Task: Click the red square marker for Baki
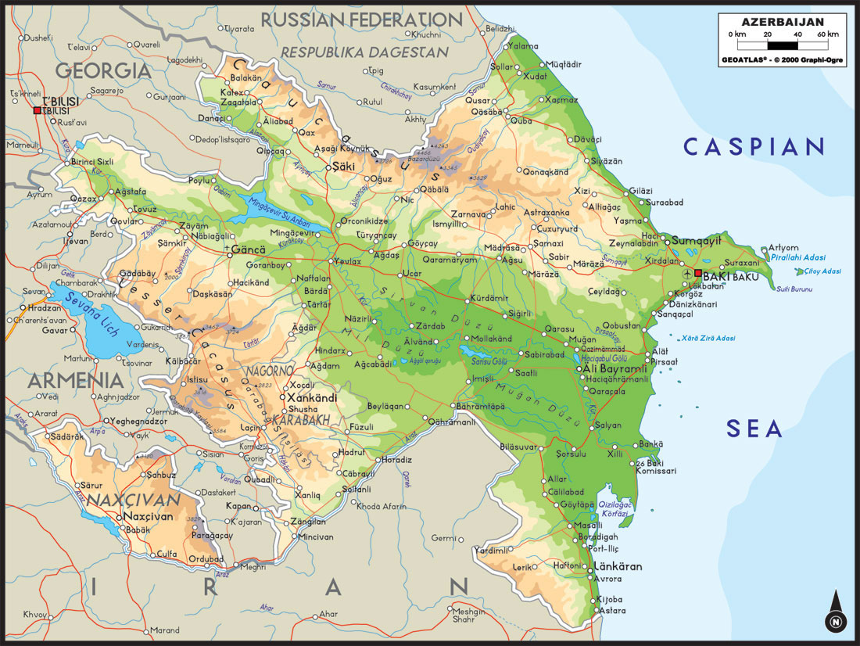pyautogui.click(x=698, y=273)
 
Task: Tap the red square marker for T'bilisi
pyautogui.click(x=37, y=111)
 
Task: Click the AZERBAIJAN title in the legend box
pyautogui.click(x=782, y=22)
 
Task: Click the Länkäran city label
pyautogui.click(x=618, y=566)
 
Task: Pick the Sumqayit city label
pyautogui.click(x=697, y=240)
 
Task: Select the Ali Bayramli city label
pyautogui.click(x=612, y=368)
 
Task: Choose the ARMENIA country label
pyautogui.click(x=76, y=381)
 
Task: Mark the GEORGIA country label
pyautogui.click(x=102, y=70)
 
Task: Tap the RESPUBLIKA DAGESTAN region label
pyautogui.click(x=364, y=52)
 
